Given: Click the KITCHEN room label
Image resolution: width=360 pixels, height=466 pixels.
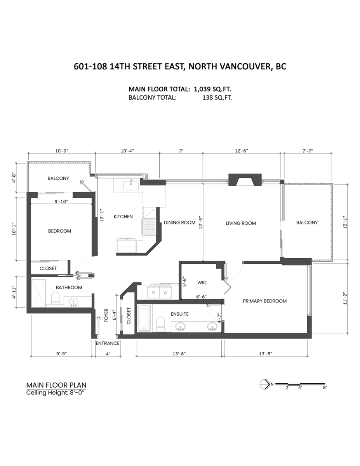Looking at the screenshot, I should pyautogui.click(x=123, y=216).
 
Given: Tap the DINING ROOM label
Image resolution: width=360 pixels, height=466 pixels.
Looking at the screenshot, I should pyautogui.click(x=179, y=223).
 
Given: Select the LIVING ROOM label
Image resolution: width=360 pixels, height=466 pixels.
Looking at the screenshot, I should pyautogui.click(x=241, y=223).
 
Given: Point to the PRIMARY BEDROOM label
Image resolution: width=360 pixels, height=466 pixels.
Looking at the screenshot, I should pyautogui.click(x=264, y=301).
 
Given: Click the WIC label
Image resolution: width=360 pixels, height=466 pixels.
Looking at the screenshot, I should pyautogui.click(x=202, y=282).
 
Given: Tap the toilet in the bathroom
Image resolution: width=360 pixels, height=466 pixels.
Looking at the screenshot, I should pyautogui.click(x=55, y=298).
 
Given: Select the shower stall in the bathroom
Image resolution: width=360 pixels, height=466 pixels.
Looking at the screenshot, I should pyautogui.click(x=38, y=291).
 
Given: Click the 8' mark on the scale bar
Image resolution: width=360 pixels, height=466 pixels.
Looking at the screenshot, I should pyautogui.click(x=324, y=388).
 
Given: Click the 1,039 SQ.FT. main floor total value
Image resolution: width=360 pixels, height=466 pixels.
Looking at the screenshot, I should pyautogui.click(x=210, y=89).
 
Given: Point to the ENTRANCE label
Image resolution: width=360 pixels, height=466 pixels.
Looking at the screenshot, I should pyautogui.click(x=108, y=343).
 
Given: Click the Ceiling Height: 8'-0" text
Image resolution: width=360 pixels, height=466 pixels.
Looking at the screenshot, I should pyautogui.click(x=56, y=393).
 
